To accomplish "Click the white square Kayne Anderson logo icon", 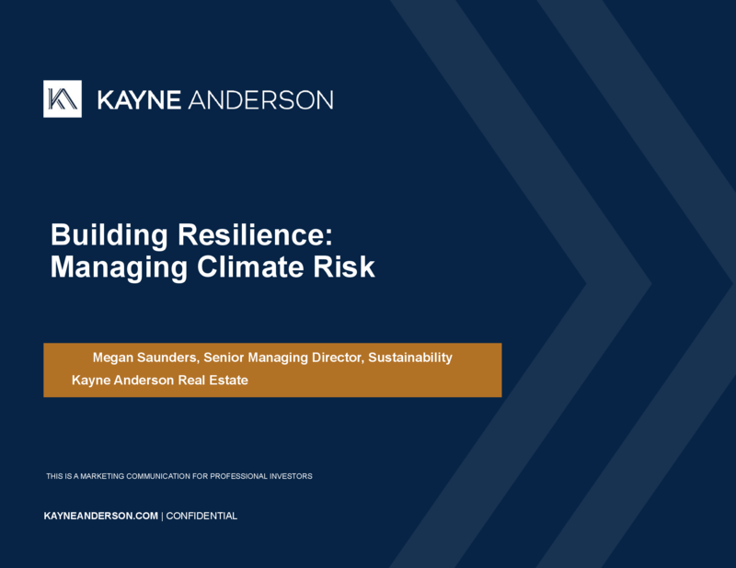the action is click(63, 99).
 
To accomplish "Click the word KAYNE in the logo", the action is click(139, 100).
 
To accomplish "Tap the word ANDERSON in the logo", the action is click(260, 100).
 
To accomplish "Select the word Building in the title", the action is click(109, 234).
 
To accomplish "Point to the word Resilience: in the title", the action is click(255, 234).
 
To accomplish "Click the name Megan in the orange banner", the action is click(113, 358).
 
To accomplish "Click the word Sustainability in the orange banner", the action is click(410, 358).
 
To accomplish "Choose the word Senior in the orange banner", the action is click(224, 358).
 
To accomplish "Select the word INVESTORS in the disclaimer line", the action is click(291, 476).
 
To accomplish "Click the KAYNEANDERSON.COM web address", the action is click(101, 516).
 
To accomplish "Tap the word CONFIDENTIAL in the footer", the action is click(201, 516).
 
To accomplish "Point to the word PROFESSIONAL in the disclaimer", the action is click(238, 476).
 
